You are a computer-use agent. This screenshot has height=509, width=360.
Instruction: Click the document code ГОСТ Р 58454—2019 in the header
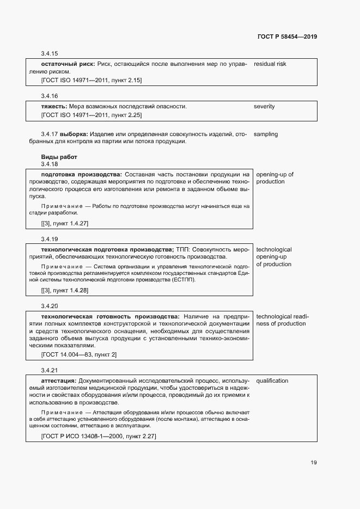pyautogui.click(x=286, y=37)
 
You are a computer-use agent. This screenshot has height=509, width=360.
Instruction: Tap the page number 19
pyautogui.click(x=314, y=463)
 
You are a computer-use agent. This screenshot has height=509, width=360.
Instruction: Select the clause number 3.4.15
pyautogui.click(x=49, y=54)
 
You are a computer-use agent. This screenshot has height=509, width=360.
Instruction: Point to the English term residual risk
pyautogui.click(x=270, y=64)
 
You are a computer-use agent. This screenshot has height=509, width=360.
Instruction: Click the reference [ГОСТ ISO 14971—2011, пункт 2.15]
pyautogui.click(x=91, y=80)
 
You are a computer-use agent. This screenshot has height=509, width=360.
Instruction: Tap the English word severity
pyautogui.click(x=264, y=106)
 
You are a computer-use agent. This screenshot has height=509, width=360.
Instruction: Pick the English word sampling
pyautogui.click(x=266, y=134)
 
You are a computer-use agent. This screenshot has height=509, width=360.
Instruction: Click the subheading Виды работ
pyautogui.click(x=59, y=157)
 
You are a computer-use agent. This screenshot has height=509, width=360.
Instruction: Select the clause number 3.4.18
pyautogui.click(x=49, y=164)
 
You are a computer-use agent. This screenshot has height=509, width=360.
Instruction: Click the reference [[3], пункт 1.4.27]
pyautogui.click(x=64, y=224)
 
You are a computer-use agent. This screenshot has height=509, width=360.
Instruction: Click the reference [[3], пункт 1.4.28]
pyautogui.click(x=64, y=290)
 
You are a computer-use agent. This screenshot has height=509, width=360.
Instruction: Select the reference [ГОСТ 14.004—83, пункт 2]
pyautogui.click(x=78, y=354)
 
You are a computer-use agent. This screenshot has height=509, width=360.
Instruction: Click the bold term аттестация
pyautogui.click(x=58, y=381)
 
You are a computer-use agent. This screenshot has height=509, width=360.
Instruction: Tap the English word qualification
pyautogui.click(x=272, y=381)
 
